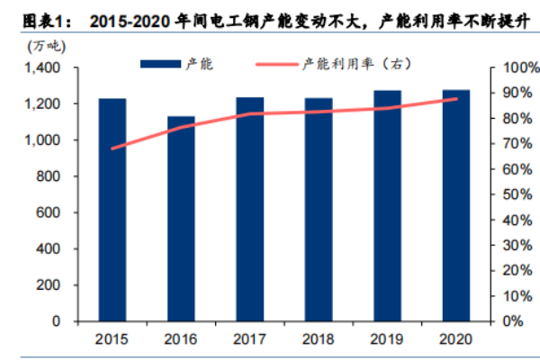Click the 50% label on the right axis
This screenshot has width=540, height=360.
point(517,194)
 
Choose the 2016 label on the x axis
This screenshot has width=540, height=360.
point(181,337)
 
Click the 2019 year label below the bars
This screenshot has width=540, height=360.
point(388,337)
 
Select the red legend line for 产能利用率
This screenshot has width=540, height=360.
point(277,63)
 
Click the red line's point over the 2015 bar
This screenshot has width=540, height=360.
point(112,148)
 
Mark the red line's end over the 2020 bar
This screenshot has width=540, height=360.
point(456,99)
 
